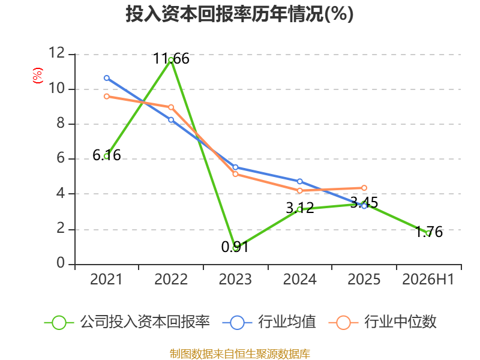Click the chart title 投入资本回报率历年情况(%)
point(239,14)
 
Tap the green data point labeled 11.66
point(171,59)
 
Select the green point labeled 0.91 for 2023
point(235,248)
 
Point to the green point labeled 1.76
point(428,233)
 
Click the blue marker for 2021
point(107,78)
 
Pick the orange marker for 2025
point(364,188)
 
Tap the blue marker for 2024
point(299,182)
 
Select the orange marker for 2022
point(171,107)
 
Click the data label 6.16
point(107,155)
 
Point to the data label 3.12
point(300,208)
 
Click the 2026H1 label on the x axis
point(428,279)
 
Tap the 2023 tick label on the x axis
point(235,279)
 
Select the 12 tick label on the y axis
point(57,53)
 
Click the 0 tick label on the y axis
point(61,263)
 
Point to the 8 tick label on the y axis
point(61,123)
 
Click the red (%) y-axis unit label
point(38,76)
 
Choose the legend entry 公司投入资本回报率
point(127,322)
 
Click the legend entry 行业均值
point(269,322)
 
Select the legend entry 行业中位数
point(382,322)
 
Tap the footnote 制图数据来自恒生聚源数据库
point(239,353)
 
